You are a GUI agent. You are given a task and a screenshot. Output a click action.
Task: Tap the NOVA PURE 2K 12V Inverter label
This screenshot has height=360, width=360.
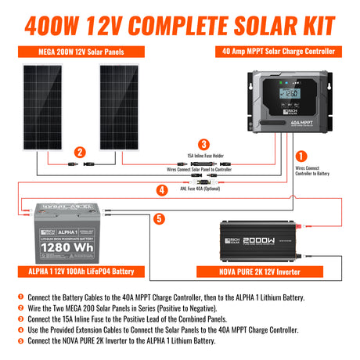tap(266, 272)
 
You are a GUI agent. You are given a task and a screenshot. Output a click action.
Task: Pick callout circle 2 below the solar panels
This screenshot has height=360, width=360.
tap(79, 153)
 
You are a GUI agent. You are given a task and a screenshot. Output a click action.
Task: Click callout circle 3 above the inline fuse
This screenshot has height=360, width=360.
tap(203, 144)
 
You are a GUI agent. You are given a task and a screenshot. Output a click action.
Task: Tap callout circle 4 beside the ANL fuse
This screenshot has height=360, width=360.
tap(163, 190)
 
